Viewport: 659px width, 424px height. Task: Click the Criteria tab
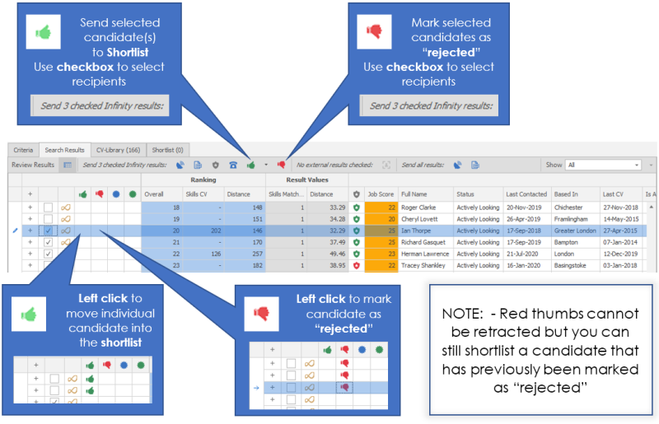pos(23,150)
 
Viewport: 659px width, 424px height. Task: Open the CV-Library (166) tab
pos(118,150)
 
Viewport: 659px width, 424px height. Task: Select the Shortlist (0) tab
pos(168,150)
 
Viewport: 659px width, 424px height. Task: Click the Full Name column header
pos(414,193)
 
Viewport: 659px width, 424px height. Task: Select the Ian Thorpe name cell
pos(418,231)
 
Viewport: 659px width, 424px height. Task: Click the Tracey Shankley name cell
pos(423,266)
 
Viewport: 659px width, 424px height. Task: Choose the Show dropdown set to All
pos(603,165)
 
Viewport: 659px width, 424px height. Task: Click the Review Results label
pos(33,165)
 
